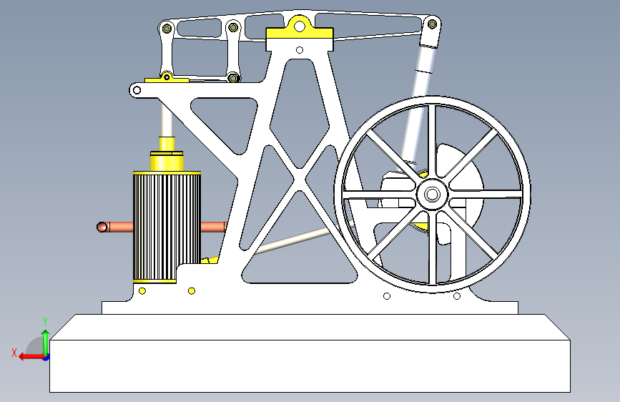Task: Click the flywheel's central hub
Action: coord(432,195)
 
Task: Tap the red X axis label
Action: coord(14,353)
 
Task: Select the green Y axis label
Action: coord(45,322)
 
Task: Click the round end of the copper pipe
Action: coord(102,227)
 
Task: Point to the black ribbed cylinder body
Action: coord(167,226)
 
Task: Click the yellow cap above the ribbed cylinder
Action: coord(167,161)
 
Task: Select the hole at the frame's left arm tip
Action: coord(137,90)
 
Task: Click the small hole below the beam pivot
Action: coord(300,50)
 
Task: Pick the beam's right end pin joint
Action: coord(432,24)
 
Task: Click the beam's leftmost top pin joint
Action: coord(167,29)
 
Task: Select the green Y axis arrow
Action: coord(46,343)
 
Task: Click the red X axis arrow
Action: coord(32,357)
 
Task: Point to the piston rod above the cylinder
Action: coord(167,117)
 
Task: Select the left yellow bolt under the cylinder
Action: coord(142,291)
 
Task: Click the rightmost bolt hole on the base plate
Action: coord(457,296)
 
